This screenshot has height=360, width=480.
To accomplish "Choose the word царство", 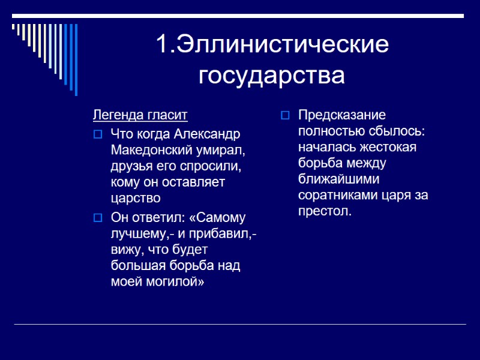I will click(x=136, y=198).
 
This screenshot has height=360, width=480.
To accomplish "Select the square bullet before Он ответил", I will click(x=98, y=217).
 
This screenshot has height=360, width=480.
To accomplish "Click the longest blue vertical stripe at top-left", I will click(x=76, y=59).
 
